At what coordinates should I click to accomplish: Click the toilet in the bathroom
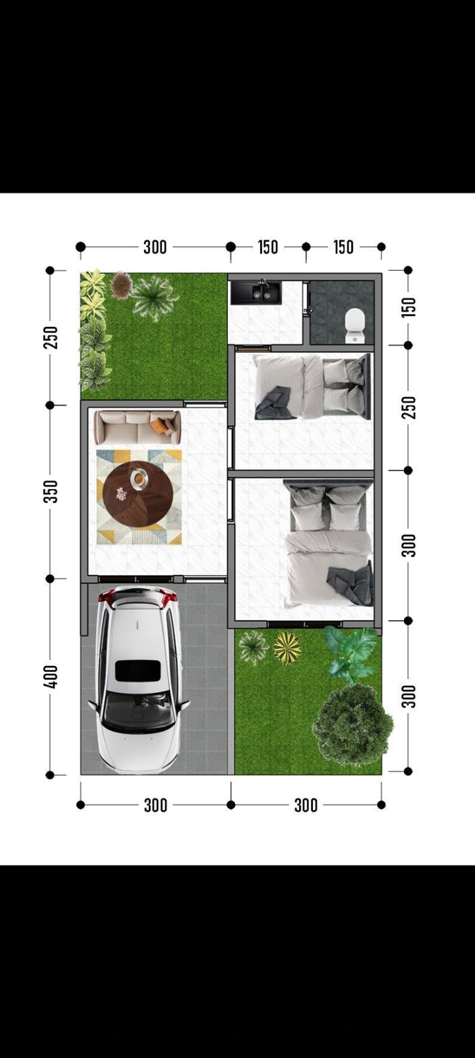pos(355,326)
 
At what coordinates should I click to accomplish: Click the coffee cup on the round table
pos(139,479)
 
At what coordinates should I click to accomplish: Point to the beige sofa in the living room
pos(137,427)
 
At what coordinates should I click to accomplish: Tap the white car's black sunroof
pos(138,671)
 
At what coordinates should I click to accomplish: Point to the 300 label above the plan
pos(155,247)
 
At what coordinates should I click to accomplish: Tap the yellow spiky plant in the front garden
pos(287,648)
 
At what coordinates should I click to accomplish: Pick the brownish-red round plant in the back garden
pos(122,285)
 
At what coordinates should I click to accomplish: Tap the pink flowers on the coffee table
pos(122,494)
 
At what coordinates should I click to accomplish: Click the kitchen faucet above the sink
pos(264,282)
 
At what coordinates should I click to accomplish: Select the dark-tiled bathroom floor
pos(342,312)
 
